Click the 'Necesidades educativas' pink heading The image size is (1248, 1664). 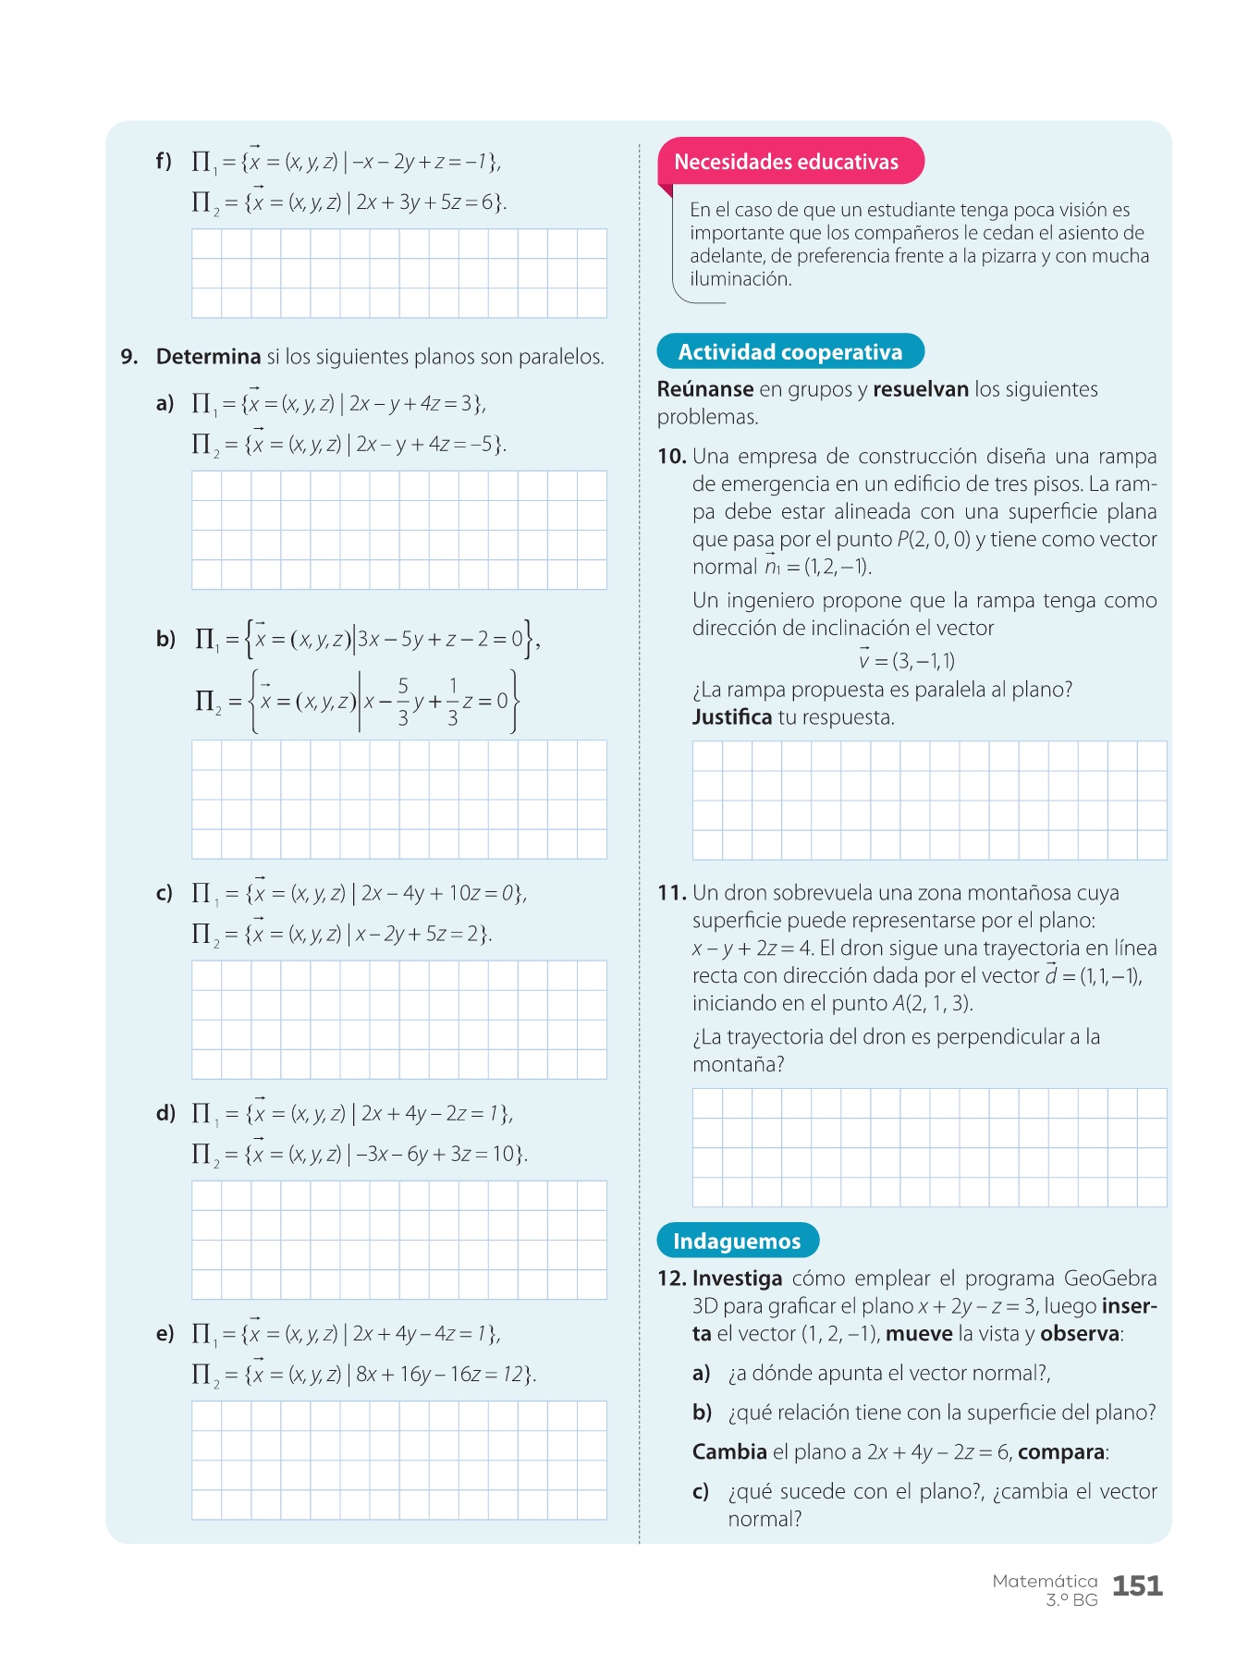(x=786, y=162)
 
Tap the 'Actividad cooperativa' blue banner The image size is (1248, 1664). (x=790, y=352)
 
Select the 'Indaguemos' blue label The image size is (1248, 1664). (x=737, y=1241)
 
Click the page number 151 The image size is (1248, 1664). (x=1137, y=1586)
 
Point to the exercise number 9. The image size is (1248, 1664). (x=129, y=357)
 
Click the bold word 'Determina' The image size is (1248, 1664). (x=208, y=357)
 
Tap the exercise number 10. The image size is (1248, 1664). (x=672, y=457)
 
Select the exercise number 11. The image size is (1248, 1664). (x=672, y=893)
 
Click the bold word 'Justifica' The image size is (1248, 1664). (x=732, y=717)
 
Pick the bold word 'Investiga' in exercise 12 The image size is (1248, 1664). (x=737, y=1279)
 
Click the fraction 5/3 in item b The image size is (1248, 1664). (x=403, y=702)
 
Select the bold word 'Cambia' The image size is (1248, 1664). (x=729, y=1451)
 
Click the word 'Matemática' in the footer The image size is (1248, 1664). (x=1045, y=1581)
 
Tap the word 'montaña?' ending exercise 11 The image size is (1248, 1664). (x=738, y=1065)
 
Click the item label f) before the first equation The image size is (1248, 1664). (x=164, y=162)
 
